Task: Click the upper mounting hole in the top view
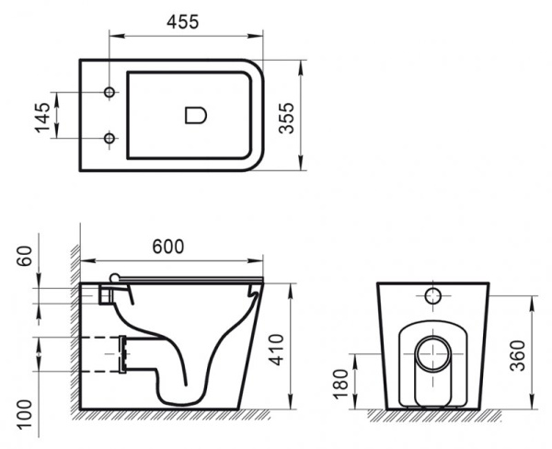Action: [110, 94]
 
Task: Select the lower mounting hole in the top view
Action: [110, 139]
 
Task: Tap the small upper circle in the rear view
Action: [433, 297]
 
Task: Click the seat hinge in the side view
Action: [114, 277]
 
